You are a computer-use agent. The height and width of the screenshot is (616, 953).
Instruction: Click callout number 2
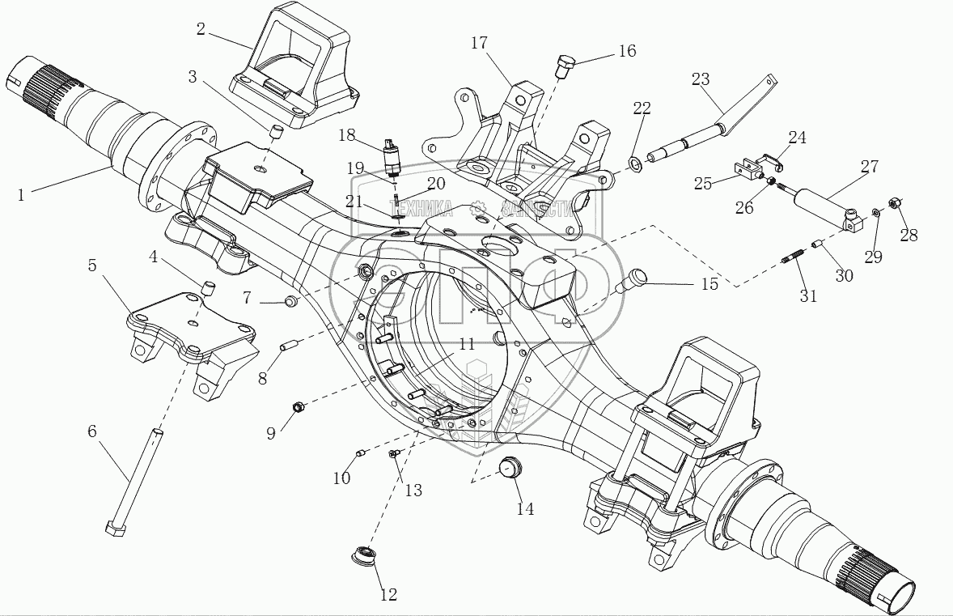(201, 30)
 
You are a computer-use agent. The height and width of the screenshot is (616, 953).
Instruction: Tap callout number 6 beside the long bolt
(92, 431)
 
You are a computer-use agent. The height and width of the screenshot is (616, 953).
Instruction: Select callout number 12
(388, 595)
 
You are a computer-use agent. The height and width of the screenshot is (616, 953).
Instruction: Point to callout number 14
(525, 508)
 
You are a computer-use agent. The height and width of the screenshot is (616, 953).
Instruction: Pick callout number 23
(701, 79)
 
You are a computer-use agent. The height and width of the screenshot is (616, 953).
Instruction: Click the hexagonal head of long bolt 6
(114, 529)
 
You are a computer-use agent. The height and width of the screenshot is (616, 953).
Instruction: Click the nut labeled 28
(896, 202)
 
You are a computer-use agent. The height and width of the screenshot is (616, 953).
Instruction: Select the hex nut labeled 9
(297, 406)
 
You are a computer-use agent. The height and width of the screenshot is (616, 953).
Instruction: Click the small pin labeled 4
(206, 287)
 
